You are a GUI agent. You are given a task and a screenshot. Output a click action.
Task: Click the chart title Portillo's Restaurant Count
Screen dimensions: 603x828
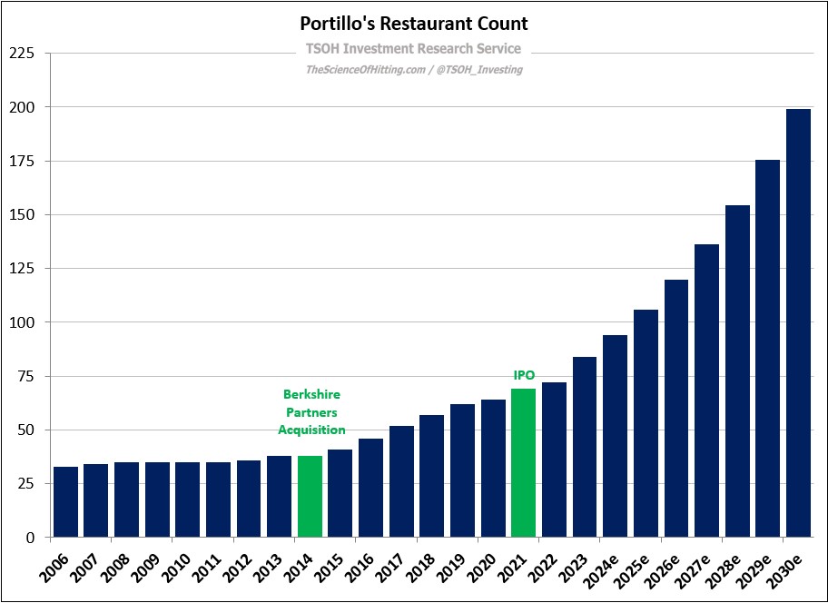[x=413, y=24]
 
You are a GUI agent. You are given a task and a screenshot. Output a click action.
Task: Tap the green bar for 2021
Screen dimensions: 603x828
[x=523, y=463]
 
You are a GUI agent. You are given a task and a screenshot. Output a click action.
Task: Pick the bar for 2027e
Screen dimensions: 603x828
[x=706, y=390]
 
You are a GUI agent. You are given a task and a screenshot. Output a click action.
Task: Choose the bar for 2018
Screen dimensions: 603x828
[x=431, y=476]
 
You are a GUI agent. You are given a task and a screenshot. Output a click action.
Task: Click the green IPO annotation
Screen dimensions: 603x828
[x=524, y=374]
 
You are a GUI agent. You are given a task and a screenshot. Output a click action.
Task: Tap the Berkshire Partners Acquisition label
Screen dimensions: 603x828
[x=311, y=412]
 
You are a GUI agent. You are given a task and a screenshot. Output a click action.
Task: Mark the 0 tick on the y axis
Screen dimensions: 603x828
[x=29, y=538]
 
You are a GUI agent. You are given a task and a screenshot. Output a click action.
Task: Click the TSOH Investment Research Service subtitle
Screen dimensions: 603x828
[x=413, y=49]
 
